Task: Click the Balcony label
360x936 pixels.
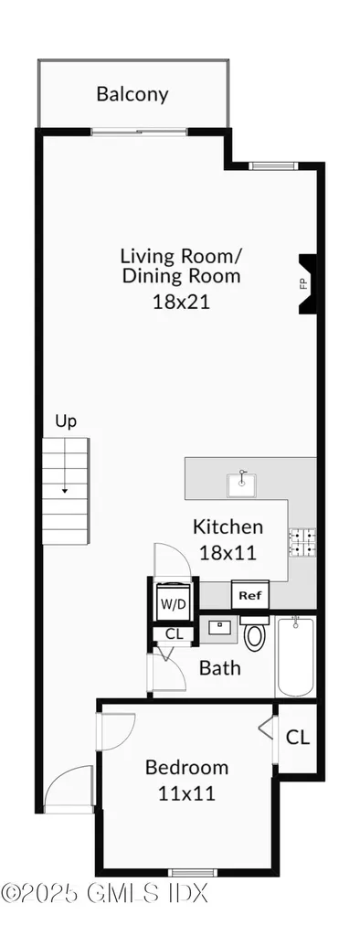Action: (x=132, y=93)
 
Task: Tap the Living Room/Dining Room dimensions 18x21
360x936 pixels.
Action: (x=181, y=301)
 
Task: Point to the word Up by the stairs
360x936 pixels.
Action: (x=66, y=421)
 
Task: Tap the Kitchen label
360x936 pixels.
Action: (x=228, y=526)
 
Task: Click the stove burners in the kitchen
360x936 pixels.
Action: (x=302, y=543)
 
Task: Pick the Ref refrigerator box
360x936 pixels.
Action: (x=249, y=595)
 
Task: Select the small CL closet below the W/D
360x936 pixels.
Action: (x=172, y=633)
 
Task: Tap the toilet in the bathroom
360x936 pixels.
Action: (x=254, y=634)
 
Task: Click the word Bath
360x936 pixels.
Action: (x=220, y=667)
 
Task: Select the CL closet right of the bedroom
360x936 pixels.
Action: (x=296, y=737)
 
